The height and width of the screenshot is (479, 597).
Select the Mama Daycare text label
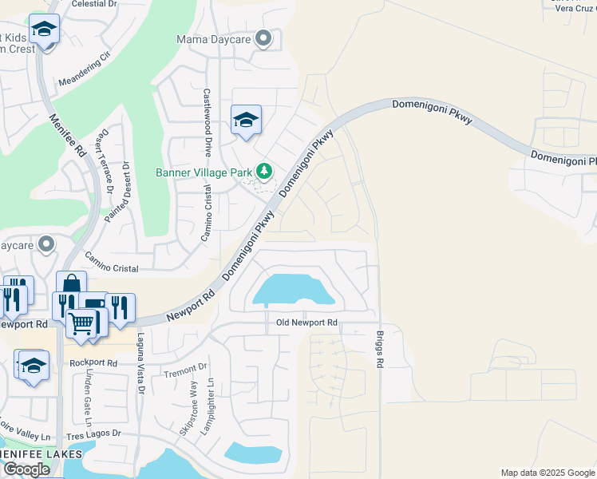(213, 38)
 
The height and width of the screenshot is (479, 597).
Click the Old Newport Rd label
(306, 323)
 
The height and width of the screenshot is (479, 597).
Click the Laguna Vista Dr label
(139, 364)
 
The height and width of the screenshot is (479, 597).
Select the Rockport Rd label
(93, 362)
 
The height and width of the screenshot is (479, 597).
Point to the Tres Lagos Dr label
(93, 433)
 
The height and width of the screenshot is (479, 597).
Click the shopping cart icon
(81, 323)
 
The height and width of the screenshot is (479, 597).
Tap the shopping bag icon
(71, 285)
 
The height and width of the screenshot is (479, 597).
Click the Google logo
(26, 469)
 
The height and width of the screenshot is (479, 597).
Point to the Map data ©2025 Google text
(547, 473)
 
